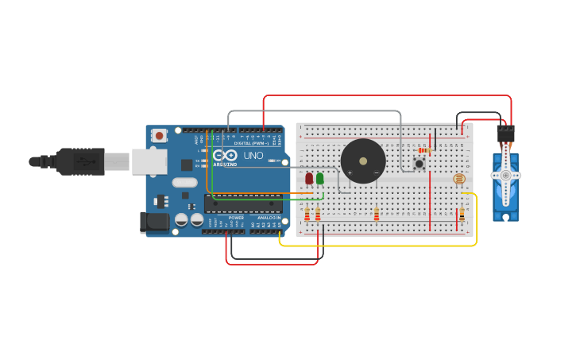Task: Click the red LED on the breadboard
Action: [x=309, y=179]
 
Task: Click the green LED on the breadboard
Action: [x=320, y=179]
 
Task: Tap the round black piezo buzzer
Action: [x=363, y=161]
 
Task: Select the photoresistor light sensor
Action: [x=460, y=180]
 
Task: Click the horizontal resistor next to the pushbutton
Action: [x=424, y=150]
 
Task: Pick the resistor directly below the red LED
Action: [x=307, y=215]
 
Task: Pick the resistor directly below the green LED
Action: [x=318, y=215]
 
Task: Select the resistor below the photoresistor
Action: [x=462, y=215]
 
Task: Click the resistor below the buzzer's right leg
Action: [x=377, y=215]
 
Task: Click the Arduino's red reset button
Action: [x=160, y=136]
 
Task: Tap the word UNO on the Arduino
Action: [x=253, y=156]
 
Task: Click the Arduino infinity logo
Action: [x=224, y=155]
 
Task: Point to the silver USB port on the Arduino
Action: [x=149, y=162]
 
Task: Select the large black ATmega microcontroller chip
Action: [x=242, y=204]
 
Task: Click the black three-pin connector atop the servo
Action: [x=505, y=134]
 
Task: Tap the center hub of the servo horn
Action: [x=505, y=175]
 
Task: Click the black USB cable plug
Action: [x=79, y=161]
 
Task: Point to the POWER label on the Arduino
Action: [x=236, y=217]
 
